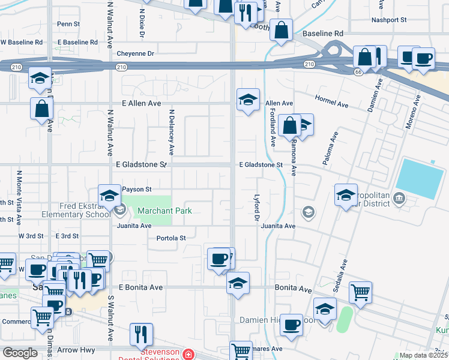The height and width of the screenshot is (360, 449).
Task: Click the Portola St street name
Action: point(170,238)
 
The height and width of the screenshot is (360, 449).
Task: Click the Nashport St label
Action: point(389,20)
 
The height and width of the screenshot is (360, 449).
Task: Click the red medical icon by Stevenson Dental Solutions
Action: point(189,355)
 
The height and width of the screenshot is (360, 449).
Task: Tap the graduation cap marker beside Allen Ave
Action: point(247,100)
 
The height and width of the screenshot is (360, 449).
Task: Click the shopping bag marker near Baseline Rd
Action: point(281,29)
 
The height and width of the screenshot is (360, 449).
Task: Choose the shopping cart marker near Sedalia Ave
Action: point(360,292)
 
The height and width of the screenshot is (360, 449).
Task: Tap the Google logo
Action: point(20,353)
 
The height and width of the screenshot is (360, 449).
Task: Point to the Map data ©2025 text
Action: point(423,355)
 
